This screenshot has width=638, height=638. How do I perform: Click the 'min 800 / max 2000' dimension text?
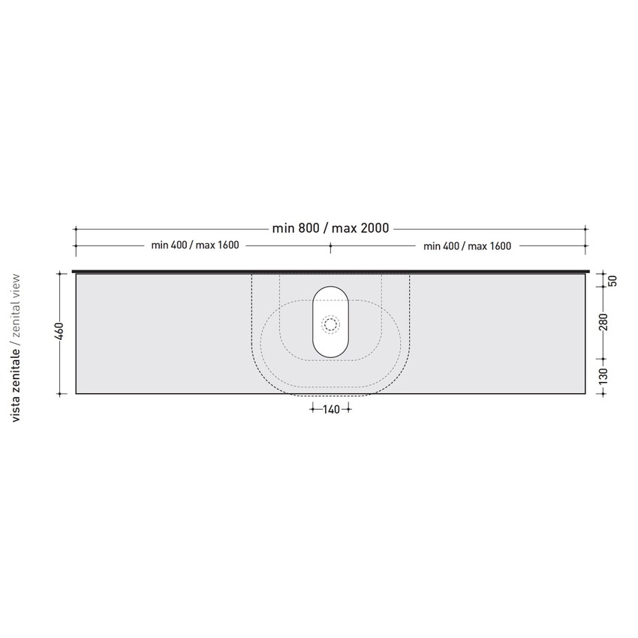(330, 228)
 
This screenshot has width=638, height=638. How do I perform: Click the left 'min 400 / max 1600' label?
(195, 245)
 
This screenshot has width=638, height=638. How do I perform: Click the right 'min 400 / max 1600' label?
(467, 245)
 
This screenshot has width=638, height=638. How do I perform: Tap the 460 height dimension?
(59, 331)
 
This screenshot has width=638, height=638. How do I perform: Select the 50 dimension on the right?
(612, 281)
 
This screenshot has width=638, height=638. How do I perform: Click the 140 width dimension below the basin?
(330, 409)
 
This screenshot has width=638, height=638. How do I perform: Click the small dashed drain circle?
(331, 324)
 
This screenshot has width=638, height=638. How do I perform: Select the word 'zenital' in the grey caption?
(17, 320)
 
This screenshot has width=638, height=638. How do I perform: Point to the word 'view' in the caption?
(17, 287)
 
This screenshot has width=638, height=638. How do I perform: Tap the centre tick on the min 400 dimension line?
(330, 245)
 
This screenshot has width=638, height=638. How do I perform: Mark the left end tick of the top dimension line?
(75, 228)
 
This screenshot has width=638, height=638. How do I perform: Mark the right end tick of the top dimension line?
(586, 228)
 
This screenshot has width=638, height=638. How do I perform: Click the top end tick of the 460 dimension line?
(59, 274)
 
